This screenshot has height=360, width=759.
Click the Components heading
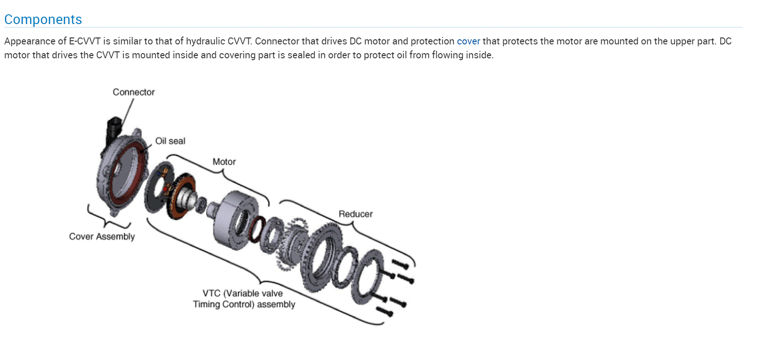pos(43,19)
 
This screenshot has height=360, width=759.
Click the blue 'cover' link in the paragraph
pos(468,41)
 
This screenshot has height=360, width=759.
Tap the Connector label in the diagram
pos(133,92)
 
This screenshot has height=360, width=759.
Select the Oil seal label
pos(170,141)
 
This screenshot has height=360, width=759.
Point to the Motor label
pos(224,162)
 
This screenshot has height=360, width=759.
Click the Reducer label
pos(355,214)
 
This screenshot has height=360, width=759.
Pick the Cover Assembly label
pos(102,236)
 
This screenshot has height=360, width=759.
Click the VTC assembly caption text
pos(244,298)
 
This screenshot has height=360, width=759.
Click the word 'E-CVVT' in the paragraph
pos(85,41)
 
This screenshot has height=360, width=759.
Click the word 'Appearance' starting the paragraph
pos(30,41)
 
